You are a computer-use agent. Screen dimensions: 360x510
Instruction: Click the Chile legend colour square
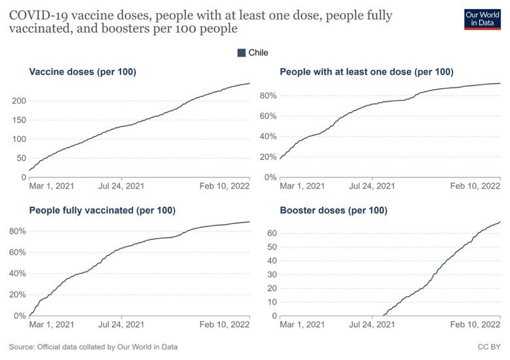pyautogui.click(x=241, y=53)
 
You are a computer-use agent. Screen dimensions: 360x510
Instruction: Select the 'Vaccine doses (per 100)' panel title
pyautogui.click(x=82, y=72)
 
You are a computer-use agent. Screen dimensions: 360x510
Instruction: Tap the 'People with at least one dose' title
pyautogui.click(x=367, y=72)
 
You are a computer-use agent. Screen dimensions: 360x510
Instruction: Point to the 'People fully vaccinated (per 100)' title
pyautogui.click(x=102, y=210)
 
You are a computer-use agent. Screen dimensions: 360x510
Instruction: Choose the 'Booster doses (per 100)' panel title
pyautogui.click(x=333, y=210)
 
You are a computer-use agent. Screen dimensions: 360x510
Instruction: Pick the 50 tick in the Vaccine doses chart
pyautogui.click(x=20, y=158)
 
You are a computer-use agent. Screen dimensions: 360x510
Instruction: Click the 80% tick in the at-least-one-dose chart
pyautogui.click(x=268, y=96)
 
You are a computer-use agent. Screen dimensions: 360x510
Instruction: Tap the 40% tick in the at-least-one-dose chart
pyautogui.click(x=268, y=137)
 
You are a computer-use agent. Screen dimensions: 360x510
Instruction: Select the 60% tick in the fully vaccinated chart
pyautogui.click(x=17, y=252)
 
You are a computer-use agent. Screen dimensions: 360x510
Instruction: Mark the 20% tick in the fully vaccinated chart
pyautogui.click(x=17, y=295)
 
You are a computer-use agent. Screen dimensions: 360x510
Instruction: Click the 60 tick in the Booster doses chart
pyautogui.click(x=270, y=233)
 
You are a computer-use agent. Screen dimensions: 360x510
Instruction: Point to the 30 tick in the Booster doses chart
pyautogui.click(x=270, y=274)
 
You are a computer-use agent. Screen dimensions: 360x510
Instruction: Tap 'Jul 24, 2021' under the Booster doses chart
pyautogui.click(x=372, y=325)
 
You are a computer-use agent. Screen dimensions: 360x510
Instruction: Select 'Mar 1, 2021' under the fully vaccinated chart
pyautogui.click(x=52, y=325)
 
